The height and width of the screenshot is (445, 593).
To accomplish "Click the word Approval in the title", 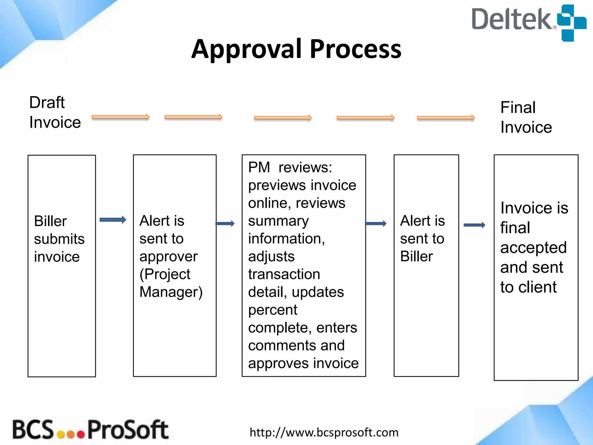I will click(x=246, y=49).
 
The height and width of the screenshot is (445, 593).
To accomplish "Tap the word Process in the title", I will click(x=356, y=49).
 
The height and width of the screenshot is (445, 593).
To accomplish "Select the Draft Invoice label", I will click(x=54, y=112).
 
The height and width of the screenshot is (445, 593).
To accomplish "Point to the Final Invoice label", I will click(x=526, y=117).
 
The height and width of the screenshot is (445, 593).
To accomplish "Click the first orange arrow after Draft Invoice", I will click(x=120, y=117).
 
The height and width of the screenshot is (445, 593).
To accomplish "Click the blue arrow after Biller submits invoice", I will click(x=113, y=220).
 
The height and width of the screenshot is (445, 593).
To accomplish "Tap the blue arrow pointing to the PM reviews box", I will click(x=225, y=223).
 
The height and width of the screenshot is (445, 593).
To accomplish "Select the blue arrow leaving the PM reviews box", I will click(x=376, y=223).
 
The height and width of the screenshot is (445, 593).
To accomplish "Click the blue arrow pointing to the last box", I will click(x=474, y=225).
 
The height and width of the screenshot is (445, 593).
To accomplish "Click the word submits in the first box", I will click(x=59, y=239).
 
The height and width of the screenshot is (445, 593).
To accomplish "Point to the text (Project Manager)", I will click(x=171, y=283).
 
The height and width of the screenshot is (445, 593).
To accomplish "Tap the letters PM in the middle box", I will click(x=259, y=167).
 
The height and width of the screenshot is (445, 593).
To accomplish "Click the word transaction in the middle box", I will click(x=284, y=274).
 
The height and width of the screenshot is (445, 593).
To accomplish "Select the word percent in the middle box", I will click(x=272, y=310).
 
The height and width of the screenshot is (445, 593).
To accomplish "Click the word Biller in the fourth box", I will click(x=416, y=256).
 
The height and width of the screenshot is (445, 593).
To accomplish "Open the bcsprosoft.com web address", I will click(x=324, y=432).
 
